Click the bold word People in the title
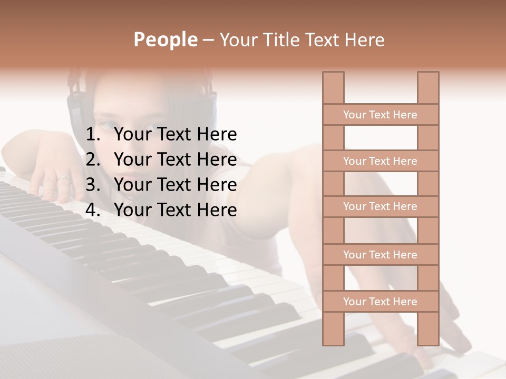[x=165, y=39]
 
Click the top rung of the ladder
[x=380, y=115]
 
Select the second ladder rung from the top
[x=380, y=161]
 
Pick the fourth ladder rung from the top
[x=380, y=255]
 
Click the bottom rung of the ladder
[x=380, y=302]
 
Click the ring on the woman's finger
[x=63, y=178]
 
